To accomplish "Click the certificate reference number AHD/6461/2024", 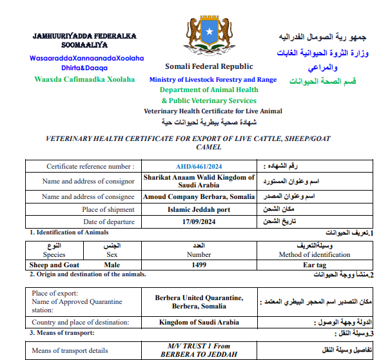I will click(x=198, y=166).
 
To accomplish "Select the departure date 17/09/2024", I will click(x=198, y=221).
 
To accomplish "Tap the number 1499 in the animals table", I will click(x=199, y=264).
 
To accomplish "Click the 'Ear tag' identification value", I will click(x=316, y=264).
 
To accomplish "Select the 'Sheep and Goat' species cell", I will click(x=54, y=264).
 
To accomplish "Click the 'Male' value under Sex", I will click(x=112, y=264).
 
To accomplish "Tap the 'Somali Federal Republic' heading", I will click(x=209, y=66).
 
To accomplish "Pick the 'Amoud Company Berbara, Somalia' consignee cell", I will click(x=199, y=197).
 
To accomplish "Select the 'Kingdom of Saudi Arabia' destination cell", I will click(x=199, y=323).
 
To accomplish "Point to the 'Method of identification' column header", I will click(x=317, y=254).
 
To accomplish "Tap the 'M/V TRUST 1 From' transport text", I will click(x=199, y=346).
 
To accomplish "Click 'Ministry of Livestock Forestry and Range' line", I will click(x=213, y=80).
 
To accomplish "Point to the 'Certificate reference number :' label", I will click(x=90, y=166).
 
